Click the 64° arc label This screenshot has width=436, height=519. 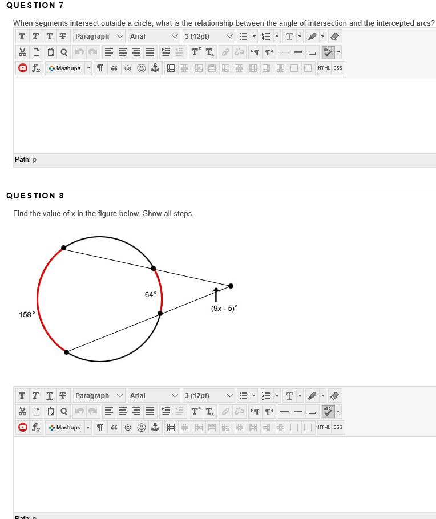[x=150, y=294]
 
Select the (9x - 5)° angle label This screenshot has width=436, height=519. [x=224, y=308]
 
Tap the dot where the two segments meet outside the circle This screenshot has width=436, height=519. [x=231, y=286]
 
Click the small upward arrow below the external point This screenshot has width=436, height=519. [x=216, y=295]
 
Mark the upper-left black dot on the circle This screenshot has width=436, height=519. [x=63, y=248]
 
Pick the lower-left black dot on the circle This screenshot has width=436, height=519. [x=67, y=352]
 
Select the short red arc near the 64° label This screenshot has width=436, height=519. [x=161, y=291]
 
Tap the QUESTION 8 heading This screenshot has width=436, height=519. [x=35, y=196]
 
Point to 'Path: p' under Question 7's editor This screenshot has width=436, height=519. [x=26, y=160]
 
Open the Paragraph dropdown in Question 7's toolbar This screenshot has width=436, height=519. [x=99, y=37]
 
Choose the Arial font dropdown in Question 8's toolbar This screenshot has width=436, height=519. [x=153, y=396]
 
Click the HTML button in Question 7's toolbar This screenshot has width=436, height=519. [x=324, y=68]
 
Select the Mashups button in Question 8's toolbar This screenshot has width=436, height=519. [x=68, y=428]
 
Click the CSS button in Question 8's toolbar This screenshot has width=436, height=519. [x=338, y=428]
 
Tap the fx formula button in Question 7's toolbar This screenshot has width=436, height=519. [x=35, y=68]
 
